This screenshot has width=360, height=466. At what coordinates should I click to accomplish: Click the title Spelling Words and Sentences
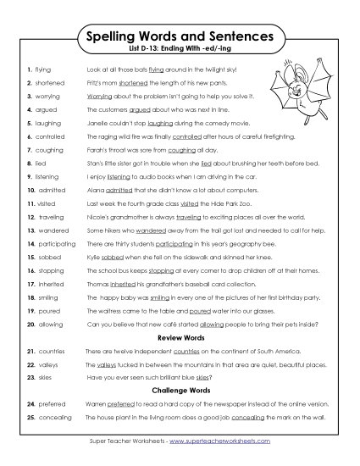[180, 37]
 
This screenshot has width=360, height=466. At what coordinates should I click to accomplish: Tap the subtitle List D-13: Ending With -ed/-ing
[180, 52]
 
